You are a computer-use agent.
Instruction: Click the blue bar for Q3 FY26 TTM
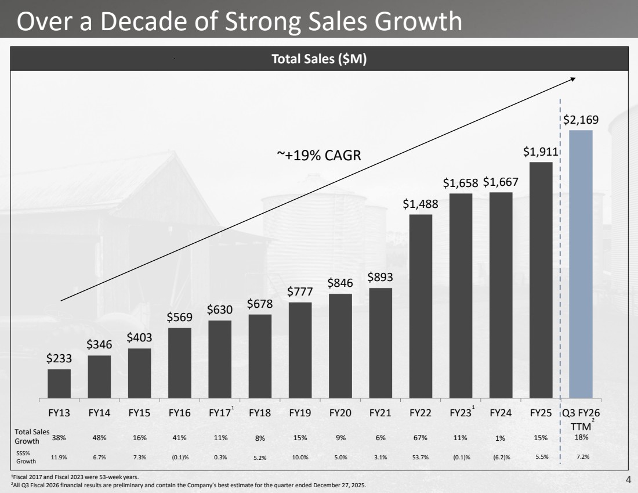coord(581,264)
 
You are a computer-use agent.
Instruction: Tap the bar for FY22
coord(420,306)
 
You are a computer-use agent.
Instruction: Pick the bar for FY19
coord(300,350)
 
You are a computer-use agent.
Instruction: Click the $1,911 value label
coord(540,152)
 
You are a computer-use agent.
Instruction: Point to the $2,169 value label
coord(581,120)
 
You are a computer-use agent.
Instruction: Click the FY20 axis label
coord(340,413)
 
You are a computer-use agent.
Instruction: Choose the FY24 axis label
coord(501,413)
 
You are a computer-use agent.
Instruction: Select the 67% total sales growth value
coord(420,437)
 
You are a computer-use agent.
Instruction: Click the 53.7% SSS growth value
coord(420,457)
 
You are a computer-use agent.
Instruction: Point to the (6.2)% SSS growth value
coord(501,457)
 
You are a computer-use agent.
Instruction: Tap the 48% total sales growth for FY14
coord(99,437)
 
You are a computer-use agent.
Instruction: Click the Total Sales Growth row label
coord(32,436)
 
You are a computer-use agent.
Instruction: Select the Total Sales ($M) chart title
coord(319,59)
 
